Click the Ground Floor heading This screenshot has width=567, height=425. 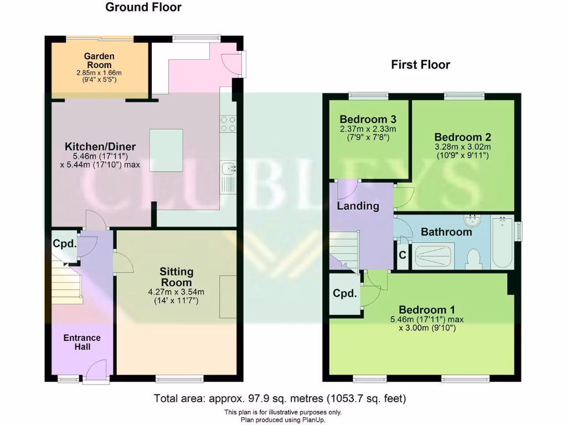pyautogui.click(x=143, y=7)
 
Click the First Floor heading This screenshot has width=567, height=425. pyautogui.click(x=420, y=65)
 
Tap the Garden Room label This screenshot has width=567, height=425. pyautogui.click(x=99, y=60)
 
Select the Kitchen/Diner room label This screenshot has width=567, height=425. pyautogui.click(x=100, y=147)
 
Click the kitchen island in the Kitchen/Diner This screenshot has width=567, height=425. pyautogui.click(x=166, y=147)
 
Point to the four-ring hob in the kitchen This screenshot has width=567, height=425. pyautogui.click(x=228, y=123)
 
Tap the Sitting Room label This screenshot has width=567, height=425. pyautogui.click(x=177, y=276)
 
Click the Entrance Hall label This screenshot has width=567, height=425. pyautogui.click(x=82, y=342)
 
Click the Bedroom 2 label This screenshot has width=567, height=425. pyautogui.click(x=462, y=137)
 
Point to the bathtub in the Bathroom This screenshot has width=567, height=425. pyautogui.click(x=503, y=242)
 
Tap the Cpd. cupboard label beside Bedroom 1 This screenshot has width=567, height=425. pyautogui.click(x=344, y=294)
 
